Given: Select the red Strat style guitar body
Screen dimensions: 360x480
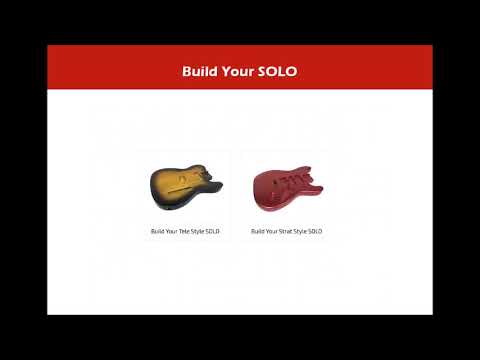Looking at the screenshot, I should pos(286,187).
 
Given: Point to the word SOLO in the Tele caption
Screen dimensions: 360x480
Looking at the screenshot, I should pos(212,231).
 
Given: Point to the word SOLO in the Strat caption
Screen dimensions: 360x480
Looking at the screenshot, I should pos(314,231).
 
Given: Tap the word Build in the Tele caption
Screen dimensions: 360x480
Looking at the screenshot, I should pos(157,231).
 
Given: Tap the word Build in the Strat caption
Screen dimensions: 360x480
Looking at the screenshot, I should pos(257,231).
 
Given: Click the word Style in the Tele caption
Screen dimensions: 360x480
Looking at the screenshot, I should pos(197,231).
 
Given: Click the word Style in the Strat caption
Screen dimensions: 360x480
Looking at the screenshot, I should pos(299,231).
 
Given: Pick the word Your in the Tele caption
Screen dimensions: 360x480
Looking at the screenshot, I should pos(171,231).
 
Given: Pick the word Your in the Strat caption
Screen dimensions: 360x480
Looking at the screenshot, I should pos(271,231).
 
